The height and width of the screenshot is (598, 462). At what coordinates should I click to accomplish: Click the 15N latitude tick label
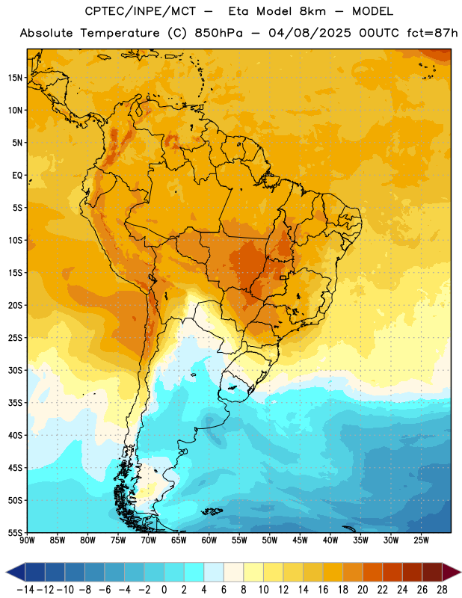pyautogui.click(x=15, y=78)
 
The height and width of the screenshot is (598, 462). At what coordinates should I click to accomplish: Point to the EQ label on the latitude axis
pyautogui.click(x=17, y=176)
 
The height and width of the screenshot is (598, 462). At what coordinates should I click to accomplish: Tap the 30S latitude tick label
pyautogui.click(x=15, y=370)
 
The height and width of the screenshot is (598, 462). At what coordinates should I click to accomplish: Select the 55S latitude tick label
pyautogui.click(x=15, y=533)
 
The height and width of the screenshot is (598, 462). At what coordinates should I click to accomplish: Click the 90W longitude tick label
pyautogui.click(x=28, y=540)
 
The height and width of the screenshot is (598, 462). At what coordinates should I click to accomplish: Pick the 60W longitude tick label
pyautogui.click(x=209, y=540)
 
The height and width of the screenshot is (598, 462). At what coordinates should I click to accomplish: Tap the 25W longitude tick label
pyautogui.click(x=421, y=540)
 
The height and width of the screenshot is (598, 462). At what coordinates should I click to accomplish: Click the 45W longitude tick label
pyautogui.click(x=301, y=540)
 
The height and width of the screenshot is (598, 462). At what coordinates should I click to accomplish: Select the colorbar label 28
pyautogui.click(x=442, y=590)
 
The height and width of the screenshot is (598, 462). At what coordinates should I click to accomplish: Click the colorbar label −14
pyautogui.click(x=26, y=590)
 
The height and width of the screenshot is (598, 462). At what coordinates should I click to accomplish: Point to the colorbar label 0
pyautogui.click(x=164, y=590)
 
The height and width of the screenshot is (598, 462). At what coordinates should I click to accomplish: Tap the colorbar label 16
pyautogui.click(x=323, y=590)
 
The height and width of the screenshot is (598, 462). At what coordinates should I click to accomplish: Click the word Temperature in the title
pyautogui.click(x=120, y=33)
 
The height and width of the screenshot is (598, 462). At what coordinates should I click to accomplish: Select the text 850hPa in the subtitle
pyautogui.click(x=218, y=33)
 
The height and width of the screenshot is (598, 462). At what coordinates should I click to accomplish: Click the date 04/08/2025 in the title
pyautogui.click(x=309, y=33)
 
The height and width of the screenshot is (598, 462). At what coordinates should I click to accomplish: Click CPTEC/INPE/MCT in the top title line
pyautogui.click(x=141, y=11)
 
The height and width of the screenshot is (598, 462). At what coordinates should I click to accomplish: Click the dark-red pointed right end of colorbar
pyautogui.click(x=451, y=572)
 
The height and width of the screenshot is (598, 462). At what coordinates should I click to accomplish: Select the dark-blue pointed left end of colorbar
pyautogui.click(x=16, y=572)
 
